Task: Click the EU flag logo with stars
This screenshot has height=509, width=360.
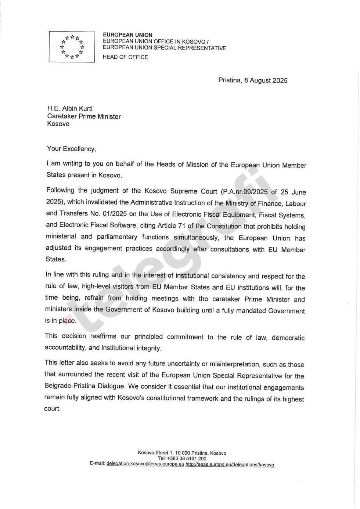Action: coord(72,47)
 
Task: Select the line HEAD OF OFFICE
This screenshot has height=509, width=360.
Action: coord(125,57)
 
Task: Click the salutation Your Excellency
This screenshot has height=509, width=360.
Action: coord(71,149)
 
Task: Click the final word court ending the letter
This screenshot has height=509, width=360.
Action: coord(52,409)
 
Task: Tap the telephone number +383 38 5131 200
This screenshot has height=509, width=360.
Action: coord(187,459)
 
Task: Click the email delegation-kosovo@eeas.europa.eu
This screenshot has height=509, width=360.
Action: coord(145,464)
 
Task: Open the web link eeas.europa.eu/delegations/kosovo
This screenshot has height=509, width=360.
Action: coord(230,465)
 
